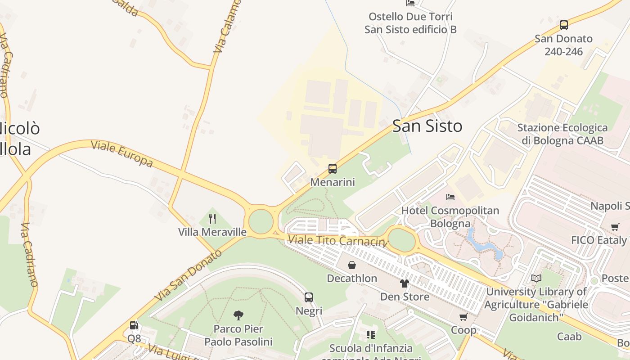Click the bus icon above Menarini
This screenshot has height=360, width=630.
pyautogui.click(x=332, y=169)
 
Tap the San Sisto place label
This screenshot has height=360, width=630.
pyautogui.click(x=427, y=126)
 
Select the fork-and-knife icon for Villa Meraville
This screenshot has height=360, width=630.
pyautogui.click(x=212, y=219)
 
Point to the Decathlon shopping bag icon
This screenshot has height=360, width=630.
pyautogui.click(x=352, y=265)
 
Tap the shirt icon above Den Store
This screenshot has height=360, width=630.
pyautogui.click(x=405, y=283)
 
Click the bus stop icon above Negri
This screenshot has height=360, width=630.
pyautogui.click(x=309, y=297)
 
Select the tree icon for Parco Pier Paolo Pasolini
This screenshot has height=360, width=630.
pyautogui.click(x=238, y=315)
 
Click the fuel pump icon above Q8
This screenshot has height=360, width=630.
pyautogui.click(x=134, y=325)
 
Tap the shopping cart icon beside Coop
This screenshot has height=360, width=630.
pyautogui.click(x=463, y=317)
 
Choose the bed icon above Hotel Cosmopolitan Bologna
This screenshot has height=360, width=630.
pyautogui.click(x=450, y=197)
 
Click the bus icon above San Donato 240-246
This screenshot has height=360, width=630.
pyautogui.click(x=563, y=25)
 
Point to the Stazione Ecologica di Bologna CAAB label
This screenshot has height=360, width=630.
pyautogui.click(x=562, y=134)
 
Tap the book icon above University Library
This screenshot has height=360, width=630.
pyautogui.click(x=536, y=279)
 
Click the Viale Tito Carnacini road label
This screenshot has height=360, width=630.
pyautogui.click(x=337, y=240)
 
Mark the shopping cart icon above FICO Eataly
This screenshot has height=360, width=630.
pyautogui.click(x=615, y=227)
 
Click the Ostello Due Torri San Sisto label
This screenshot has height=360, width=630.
pyautogui.click(x=410, y=23)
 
